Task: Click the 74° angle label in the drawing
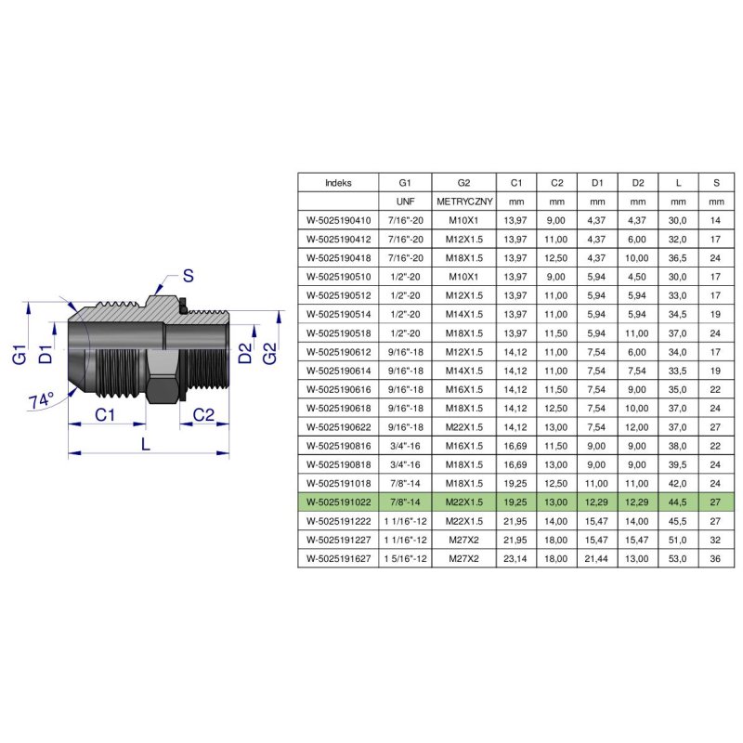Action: point(41,400)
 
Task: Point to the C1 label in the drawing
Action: point(105,415)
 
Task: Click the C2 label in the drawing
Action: point(204,415)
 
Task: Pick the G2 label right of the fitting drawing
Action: point(269,353)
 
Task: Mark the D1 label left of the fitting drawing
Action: point(44,352)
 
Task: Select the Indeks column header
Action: point(338,183)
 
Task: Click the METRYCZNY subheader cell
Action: point(463,202)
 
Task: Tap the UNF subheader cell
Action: point(404,202)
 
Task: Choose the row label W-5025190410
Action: point(338,221)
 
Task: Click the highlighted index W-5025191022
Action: point(338,502)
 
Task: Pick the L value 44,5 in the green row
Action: point(678,502)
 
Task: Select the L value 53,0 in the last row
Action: point(678,558)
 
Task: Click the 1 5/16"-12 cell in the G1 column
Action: point(404,558)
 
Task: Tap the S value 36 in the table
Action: point(715,558)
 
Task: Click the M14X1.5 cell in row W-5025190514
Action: point(463,315)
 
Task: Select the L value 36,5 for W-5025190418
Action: point(678,258)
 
